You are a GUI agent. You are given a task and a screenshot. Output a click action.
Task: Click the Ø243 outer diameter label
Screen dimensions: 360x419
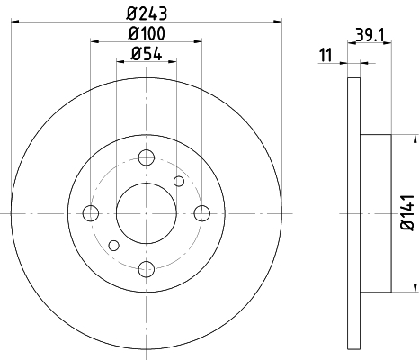click(x=147, y=12)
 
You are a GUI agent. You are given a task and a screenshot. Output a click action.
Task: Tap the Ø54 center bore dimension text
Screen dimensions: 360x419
click(x=147, y=54)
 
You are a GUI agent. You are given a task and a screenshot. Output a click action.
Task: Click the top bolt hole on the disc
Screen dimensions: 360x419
click(x=146, y=158)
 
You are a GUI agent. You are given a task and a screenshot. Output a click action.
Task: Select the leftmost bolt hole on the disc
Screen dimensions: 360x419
click(x=91, y=213)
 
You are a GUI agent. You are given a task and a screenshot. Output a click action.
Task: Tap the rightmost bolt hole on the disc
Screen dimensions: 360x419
click(x=201, y=213)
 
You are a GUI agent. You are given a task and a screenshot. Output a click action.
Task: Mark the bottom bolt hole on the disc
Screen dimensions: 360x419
click(x=146, y=267)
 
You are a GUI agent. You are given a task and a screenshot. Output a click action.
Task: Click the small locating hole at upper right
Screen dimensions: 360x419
click(x=179, y=183)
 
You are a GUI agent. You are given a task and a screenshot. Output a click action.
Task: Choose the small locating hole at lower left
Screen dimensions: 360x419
click(x=113, y=244)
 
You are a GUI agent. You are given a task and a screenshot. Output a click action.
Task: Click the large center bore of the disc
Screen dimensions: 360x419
click(x=146, y=213)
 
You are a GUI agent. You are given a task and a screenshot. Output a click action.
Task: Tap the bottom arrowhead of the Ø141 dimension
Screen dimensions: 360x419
click(x=416, y=288)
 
